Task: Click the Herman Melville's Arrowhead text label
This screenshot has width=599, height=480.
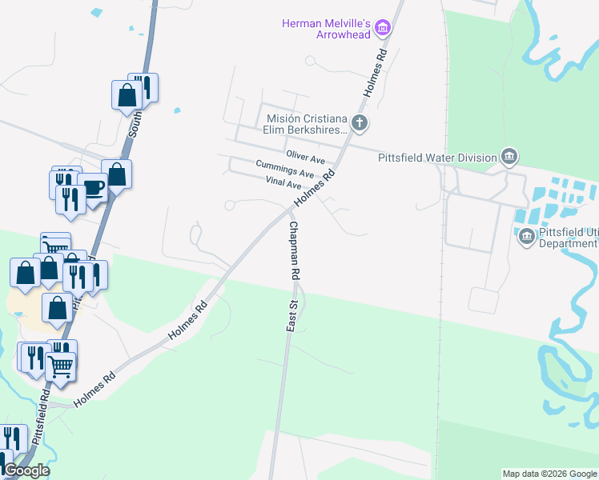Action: (x=328, y=29)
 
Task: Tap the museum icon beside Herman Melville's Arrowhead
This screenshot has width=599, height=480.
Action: (x=383, y=29)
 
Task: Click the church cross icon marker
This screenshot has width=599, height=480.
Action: (x=360, y=123)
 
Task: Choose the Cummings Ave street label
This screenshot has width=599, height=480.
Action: (x=284, y=169)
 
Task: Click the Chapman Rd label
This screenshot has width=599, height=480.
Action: (x=295, y=249)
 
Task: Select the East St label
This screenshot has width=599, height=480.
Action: (x=292, y=313)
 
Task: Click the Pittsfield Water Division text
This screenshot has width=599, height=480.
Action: (x=437, y=158)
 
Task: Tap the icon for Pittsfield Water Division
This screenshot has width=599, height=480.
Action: (x=509, y=156)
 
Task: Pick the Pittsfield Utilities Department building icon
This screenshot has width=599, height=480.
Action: (x=527, y=235)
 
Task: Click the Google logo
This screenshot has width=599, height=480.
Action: (x=26, y=470)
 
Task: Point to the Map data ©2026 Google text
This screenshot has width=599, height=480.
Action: (x=549, y=474)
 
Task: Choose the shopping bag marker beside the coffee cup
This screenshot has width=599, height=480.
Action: (x=117, y=174)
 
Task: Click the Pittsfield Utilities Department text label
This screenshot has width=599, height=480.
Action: (x=569, y=238)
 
